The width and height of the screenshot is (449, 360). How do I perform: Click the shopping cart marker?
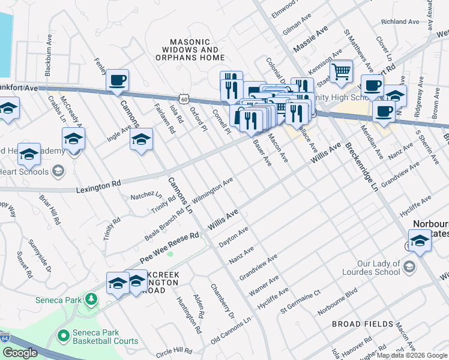pos(341,73)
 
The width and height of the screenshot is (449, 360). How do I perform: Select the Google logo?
pos(20,353)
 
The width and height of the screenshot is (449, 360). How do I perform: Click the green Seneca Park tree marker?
pos(91,298)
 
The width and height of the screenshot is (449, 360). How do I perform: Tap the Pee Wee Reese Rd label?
pos(169,247)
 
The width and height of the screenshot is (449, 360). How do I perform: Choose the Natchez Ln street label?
pos(146,196)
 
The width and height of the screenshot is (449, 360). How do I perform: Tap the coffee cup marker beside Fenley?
pos(118,80)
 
